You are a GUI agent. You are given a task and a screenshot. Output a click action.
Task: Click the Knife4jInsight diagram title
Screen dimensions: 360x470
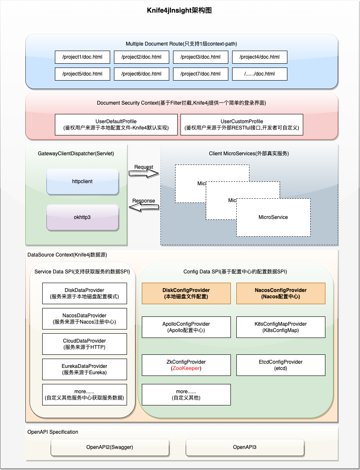pos(179,11)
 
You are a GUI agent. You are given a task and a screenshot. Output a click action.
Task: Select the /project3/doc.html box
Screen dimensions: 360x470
pos(200,57)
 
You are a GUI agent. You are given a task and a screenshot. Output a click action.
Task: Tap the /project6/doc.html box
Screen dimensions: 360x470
pos(141,74)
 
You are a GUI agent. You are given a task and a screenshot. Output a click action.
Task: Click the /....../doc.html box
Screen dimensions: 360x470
pos(260,74)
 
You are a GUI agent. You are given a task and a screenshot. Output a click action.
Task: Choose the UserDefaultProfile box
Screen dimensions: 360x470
pos(116,124)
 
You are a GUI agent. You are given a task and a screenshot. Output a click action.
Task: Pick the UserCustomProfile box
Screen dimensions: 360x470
pos(241,124)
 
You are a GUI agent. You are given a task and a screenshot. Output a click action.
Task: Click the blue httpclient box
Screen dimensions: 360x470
pos(82,182)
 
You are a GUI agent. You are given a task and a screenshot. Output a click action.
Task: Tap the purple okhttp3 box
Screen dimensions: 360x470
pos(82,217)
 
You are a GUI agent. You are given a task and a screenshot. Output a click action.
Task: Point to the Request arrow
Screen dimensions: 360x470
pos(144,173)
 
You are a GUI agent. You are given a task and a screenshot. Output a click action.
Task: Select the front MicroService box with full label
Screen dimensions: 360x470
pos(273,217)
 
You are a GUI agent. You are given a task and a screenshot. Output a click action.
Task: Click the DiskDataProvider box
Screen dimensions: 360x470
pos(84,294)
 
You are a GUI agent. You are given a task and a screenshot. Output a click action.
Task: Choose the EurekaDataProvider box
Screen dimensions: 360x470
pos(84,369)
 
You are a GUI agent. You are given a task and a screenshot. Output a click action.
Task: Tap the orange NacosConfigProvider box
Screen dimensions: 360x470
pos(281,294)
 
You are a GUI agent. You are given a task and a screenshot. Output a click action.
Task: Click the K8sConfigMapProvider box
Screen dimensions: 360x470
pos(281,327)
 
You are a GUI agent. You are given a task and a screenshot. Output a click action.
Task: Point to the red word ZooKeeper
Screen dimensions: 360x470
pos(186,368)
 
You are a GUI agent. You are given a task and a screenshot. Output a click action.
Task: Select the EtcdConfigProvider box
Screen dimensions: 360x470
pos(281,365)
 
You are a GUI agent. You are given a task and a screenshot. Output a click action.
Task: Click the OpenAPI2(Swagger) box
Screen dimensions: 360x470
pos(110,447)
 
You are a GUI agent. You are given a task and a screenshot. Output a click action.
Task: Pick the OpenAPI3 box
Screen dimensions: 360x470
pos(245,447)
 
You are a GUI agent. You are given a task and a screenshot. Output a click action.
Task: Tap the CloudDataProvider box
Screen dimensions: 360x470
pos(84,344)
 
